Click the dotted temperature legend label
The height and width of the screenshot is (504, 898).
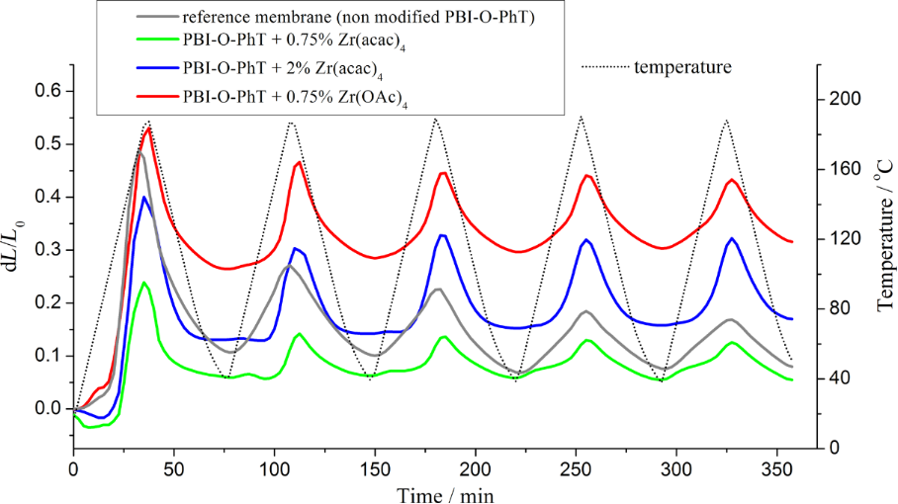[x=682, y=67]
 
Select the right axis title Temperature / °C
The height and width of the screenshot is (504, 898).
[x=882, y=247]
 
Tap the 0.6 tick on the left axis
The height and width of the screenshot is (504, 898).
[x=46, y=91]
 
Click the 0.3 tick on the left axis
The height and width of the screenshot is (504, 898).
[x=46, y=250]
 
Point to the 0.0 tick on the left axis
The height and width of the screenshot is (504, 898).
[x=46, y=408]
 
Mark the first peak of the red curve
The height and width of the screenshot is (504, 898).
[x=148, y=127]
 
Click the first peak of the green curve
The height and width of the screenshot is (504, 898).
[x=144, y=283]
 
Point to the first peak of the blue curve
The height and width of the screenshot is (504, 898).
[x=144, y=197]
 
